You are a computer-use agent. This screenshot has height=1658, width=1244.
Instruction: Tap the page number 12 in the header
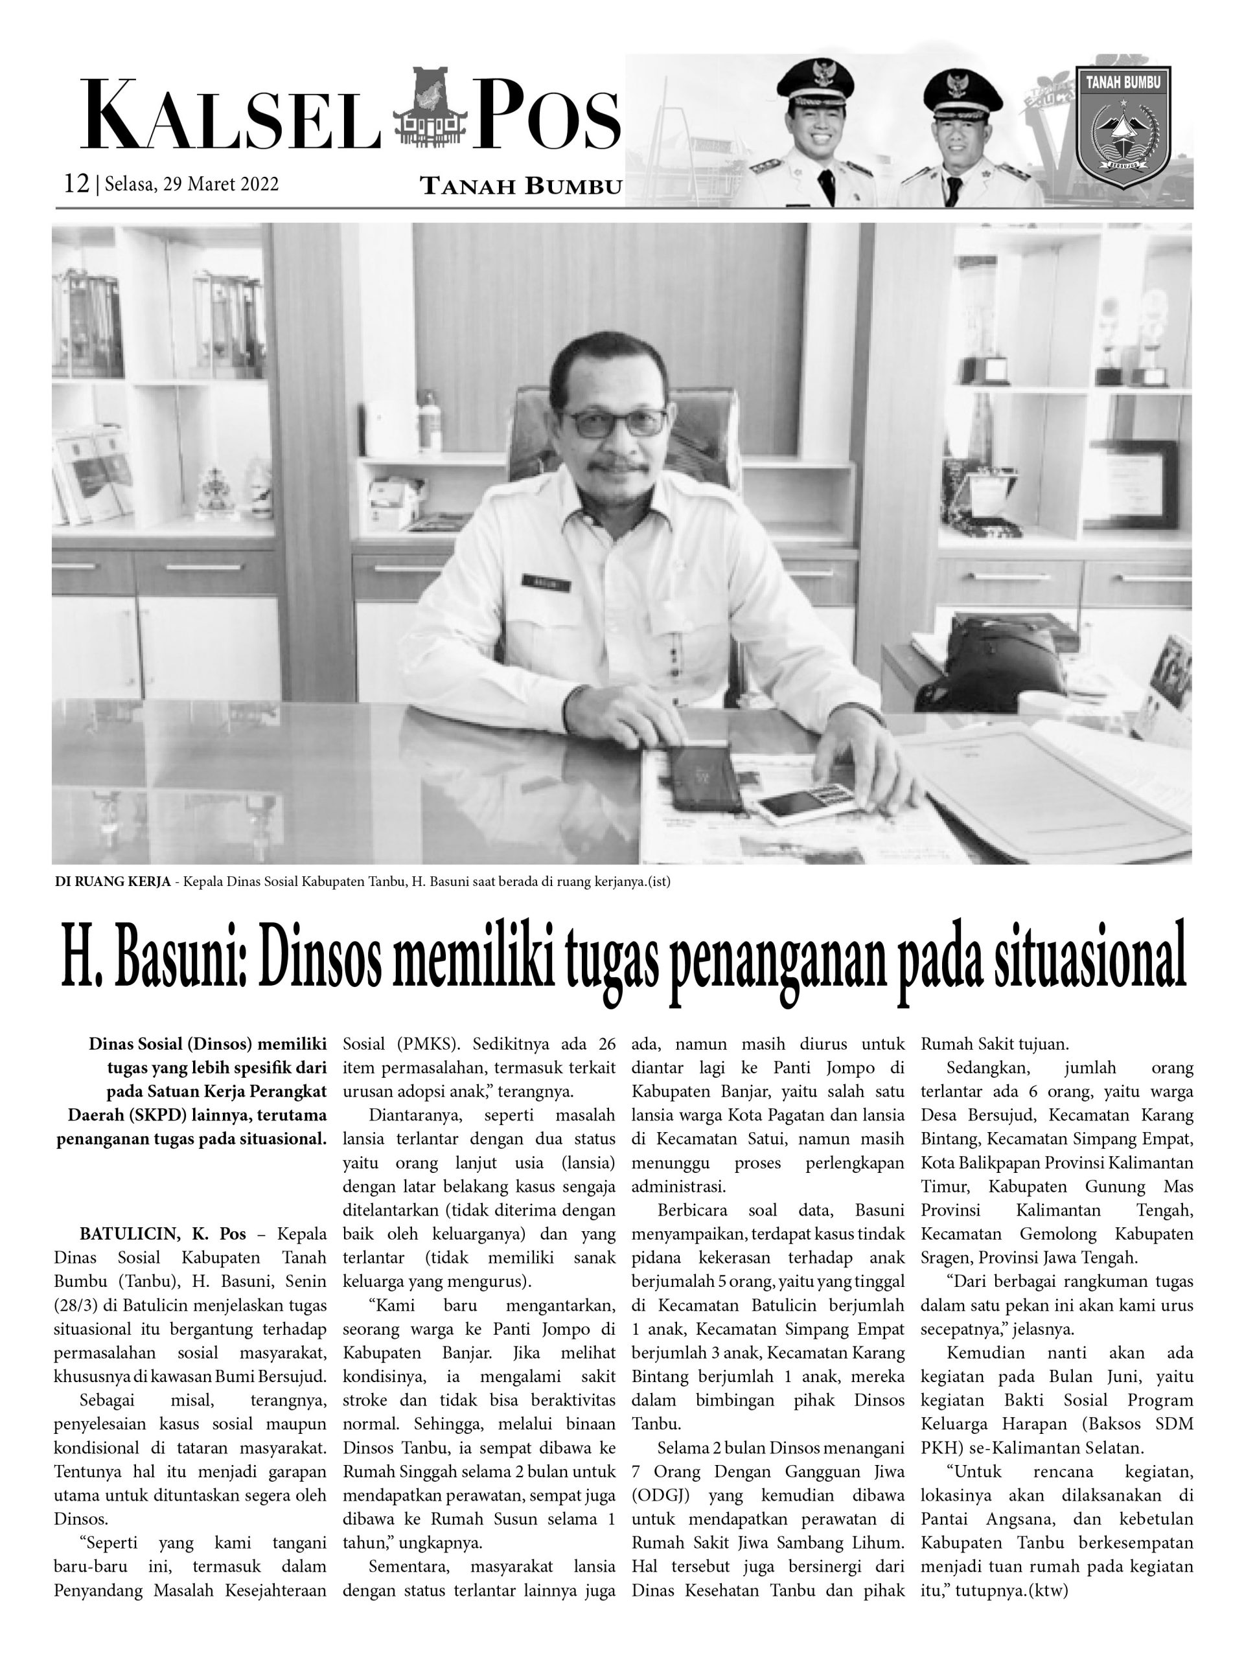coord(76,184)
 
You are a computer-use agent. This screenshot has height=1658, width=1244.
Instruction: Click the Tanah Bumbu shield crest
coord(1123,126)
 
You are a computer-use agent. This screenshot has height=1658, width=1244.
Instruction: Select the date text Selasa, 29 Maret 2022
coord(192,185)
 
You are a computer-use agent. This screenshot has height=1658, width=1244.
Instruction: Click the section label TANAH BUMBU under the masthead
coord(521,186)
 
